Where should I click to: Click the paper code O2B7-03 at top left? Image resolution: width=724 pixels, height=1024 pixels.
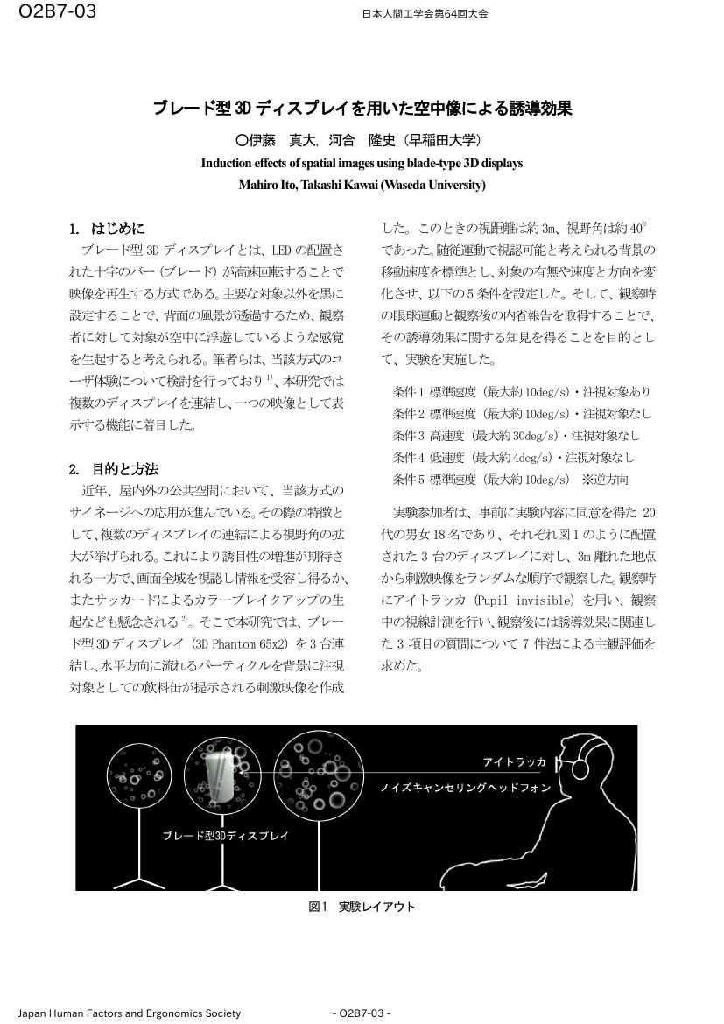pyautogui.click(x=57, y=11)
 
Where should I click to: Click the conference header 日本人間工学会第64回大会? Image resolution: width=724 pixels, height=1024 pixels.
pyautogui.click(x=425, y=14)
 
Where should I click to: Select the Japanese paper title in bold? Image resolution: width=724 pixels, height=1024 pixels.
pyautogui.click(x=362, y=109)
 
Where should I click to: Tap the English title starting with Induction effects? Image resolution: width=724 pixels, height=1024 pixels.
pyautogui.click(x=362, y=163)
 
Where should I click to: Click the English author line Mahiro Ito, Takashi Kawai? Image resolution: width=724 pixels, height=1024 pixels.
pyautogui.click(x=362, y=185)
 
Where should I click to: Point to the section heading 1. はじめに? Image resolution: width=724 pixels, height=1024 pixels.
pyautogui.click(x=108, y=228)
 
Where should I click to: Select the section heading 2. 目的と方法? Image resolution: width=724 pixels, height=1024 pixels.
pyautogui.click(x=114, y=468)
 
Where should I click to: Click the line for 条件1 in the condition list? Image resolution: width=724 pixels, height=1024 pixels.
pyautogui.click(x=521, y=391)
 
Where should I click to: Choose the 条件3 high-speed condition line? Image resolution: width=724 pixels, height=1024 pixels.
pyautogui.click(x=517, y=435)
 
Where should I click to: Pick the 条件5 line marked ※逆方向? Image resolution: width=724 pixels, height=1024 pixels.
pyautogui.click(x=510, y=479)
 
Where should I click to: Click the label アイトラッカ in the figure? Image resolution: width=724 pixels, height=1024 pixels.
pyautogui.click(x=514, y=762)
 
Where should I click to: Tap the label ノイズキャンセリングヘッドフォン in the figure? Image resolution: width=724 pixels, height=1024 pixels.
pyautogui.click(x=465, y=788)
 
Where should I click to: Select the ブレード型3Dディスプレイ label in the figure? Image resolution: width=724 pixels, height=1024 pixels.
pyautogui.click(x=225, y=836)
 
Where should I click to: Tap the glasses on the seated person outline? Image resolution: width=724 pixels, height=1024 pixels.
pyautogui.click(x=580, y=768)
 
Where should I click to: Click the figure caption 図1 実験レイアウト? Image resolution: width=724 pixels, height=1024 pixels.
pyautogui.click(x=362, y=907)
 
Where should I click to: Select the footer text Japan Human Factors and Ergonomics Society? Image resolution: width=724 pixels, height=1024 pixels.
pyautogui.click(x=130, y=1013)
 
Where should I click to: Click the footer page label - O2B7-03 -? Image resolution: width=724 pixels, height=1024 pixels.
pyautogui.click(x=362, y=1013)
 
